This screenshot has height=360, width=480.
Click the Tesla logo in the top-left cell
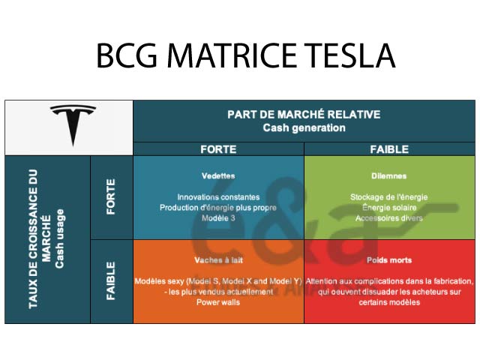point(73,124)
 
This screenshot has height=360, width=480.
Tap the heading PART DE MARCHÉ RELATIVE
point(304,115)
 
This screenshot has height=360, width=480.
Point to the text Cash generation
point(304,127)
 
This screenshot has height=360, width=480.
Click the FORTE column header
point(218,149)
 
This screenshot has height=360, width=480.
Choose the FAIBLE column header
point(389,149)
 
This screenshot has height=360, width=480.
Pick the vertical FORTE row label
point(111,196)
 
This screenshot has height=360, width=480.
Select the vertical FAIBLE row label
point(111,280)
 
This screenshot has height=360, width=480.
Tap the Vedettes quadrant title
point(218,176)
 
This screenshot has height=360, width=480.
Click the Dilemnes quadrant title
point(389,176)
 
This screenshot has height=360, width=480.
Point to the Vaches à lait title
point(218,260)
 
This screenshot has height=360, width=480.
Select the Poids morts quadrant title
point(389,260)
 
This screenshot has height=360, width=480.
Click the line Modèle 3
point(218,218)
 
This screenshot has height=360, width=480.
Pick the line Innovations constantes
point(218,197)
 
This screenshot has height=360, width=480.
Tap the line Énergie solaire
point(389,208)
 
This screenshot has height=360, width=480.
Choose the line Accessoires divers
point(389,218)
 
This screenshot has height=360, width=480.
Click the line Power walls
point(218,302)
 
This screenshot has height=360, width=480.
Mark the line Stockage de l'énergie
point(389,197)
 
